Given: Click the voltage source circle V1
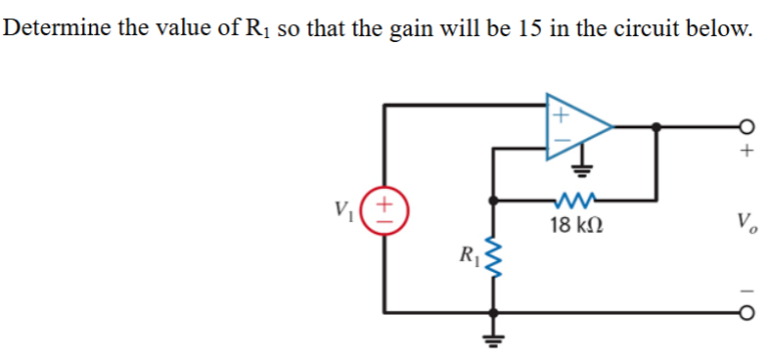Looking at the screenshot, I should tap(385, 210).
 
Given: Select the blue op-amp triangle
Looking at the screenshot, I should tap(577, 126).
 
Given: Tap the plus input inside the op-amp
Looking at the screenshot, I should tap(560, 112).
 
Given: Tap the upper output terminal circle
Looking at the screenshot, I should tap(748, 126).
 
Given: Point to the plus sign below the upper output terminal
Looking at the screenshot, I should tap(748, 152).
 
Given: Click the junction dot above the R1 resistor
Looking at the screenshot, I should tap(494, 201).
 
